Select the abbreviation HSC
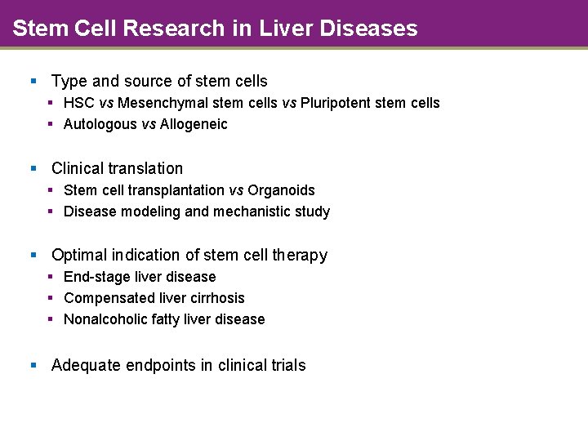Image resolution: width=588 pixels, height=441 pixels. (78, 103)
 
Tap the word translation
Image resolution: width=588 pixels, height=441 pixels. (148, 168)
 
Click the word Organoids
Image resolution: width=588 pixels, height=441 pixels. (281, 190)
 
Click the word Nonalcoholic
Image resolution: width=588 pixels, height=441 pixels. (103, 319)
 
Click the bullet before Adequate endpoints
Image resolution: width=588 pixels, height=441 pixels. (33, 365)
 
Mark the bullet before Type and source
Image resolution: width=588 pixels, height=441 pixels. (33, 81)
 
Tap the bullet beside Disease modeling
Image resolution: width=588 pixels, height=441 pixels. (51, 212)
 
